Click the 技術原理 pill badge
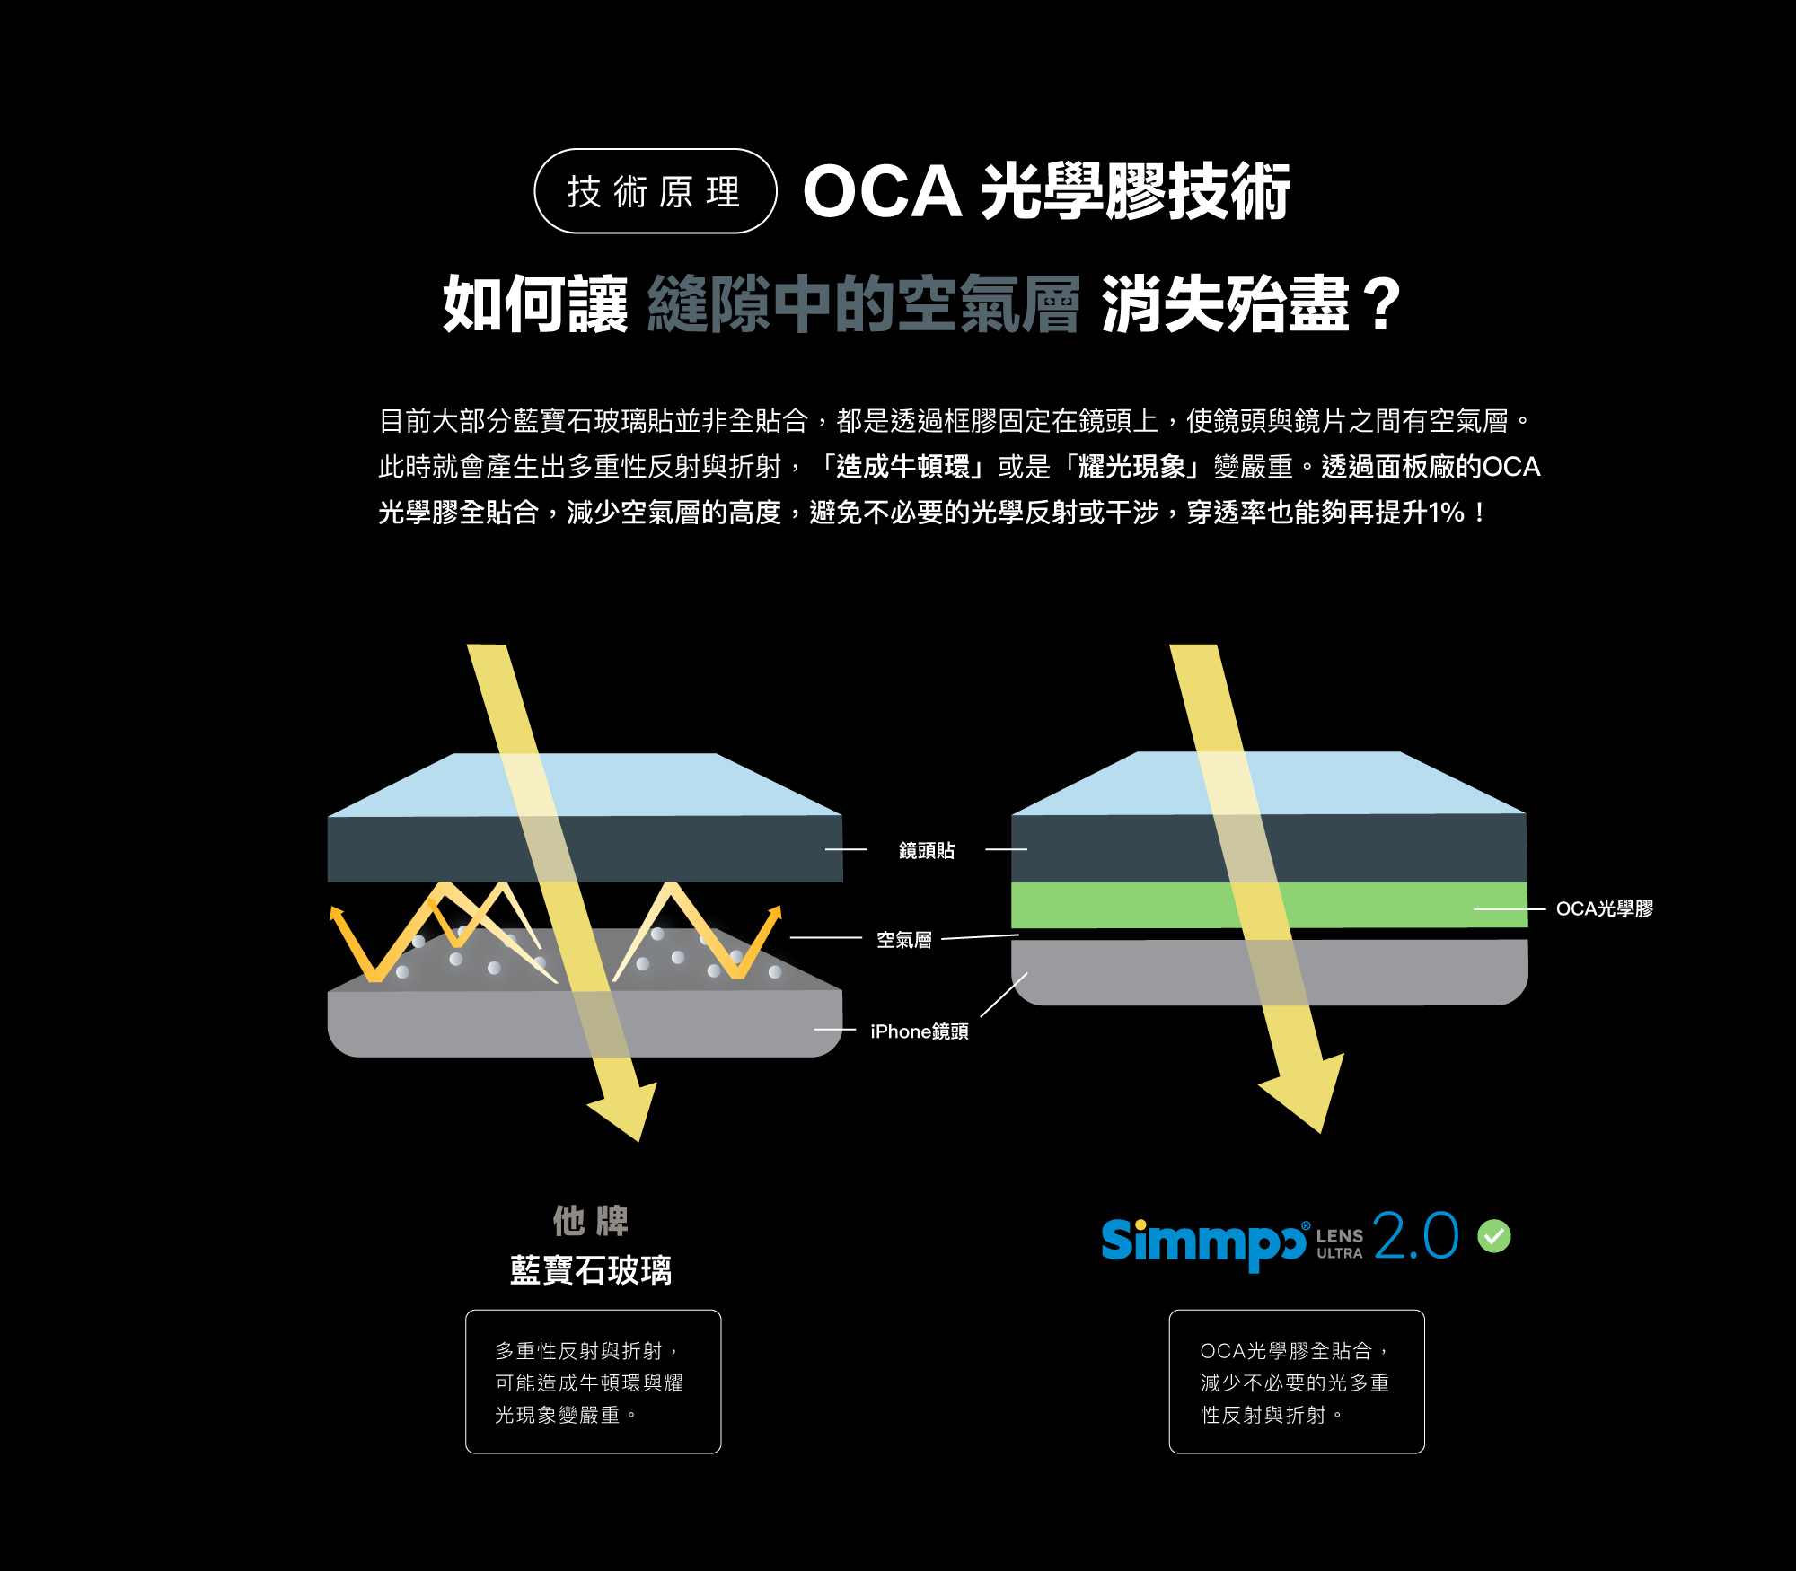click(655, 191)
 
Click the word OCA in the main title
click(881, 192)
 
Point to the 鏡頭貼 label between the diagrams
click(926, 850)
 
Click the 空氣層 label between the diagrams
click(903, 940)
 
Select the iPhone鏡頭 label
click(919, 1031)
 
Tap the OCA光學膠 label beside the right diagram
click(1604, 908)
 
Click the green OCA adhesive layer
click(1122, 905)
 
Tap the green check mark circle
click(1494, 1236)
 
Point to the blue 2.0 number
click(1415, 1236)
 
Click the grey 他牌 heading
click(590, 1221)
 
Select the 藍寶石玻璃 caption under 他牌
click(590, 1270)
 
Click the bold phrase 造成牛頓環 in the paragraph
click(902, 467)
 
